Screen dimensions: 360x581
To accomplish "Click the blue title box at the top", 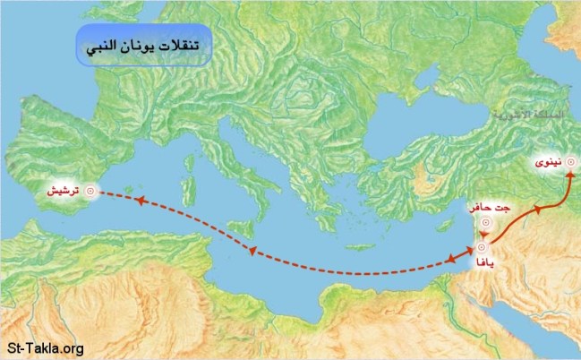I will pyautogui.click(x=143, y=47).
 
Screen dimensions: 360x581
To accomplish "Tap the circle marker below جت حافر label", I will pyautogui.click(x=485, y=224).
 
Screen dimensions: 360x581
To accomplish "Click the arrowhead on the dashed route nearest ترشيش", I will pyautogui.click(x=140, y=200).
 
